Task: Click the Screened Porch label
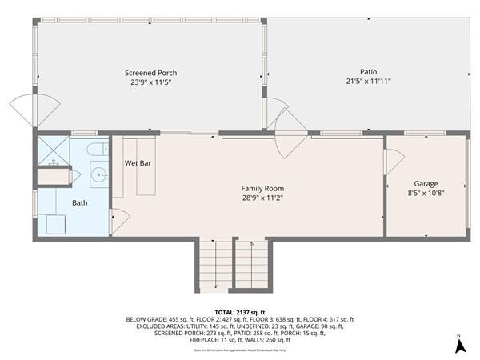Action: tap(150, 73)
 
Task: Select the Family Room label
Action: tap(263, 188)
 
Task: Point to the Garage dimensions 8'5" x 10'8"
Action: tap(426, 193)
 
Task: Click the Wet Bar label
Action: tap(138, 163)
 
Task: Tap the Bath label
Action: tap(80, 202)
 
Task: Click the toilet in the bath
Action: tap(95, 150)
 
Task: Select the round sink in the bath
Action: tap(98, 174)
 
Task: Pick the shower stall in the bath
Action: tap(54, 150)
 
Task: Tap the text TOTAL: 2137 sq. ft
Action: tap(240, 311)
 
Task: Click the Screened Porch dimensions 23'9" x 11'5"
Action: tap(150, 82)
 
